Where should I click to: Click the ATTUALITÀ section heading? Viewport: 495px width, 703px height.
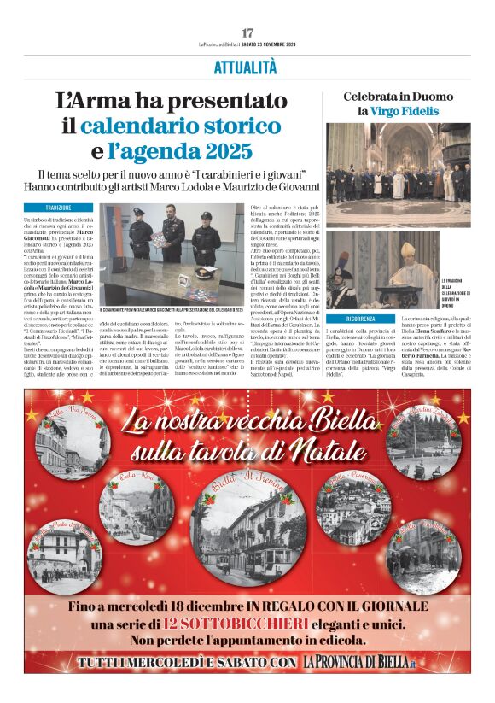click(247, 67)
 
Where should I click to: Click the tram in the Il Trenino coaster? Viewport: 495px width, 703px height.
click(256, 521)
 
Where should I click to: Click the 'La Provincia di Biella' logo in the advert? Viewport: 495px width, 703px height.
click(359, 662)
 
